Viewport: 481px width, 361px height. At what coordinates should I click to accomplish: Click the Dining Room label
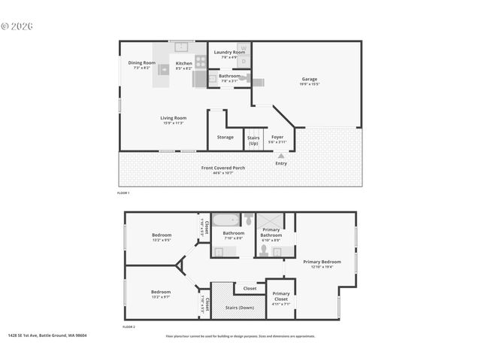click(141, 63)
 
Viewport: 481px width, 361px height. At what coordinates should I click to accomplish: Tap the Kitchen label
click(184, 63)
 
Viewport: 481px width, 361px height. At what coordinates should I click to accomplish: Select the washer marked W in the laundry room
click(242, 47)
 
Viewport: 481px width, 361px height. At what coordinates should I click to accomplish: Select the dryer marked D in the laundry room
click(242, 59)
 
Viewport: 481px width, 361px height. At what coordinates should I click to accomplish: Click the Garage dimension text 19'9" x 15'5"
click(310, 84)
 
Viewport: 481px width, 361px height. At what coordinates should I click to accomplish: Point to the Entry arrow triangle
click(281, 156)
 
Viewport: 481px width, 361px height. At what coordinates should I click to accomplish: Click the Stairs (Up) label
click(253, 140)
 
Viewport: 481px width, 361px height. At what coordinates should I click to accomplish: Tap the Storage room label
click(225, 137)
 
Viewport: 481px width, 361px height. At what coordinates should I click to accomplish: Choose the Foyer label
click(277, 137)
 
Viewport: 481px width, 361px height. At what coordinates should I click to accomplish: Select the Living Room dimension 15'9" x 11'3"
click(174, 123)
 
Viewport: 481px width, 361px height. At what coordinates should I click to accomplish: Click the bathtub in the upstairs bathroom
click(223, 220)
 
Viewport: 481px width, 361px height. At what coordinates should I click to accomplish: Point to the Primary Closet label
click(281, 296)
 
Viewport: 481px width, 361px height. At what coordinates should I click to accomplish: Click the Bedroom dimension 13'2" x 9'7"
click(161, 296)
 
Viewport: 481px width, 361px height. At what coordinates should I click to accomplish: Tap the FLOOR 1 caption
click(123, 193)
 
